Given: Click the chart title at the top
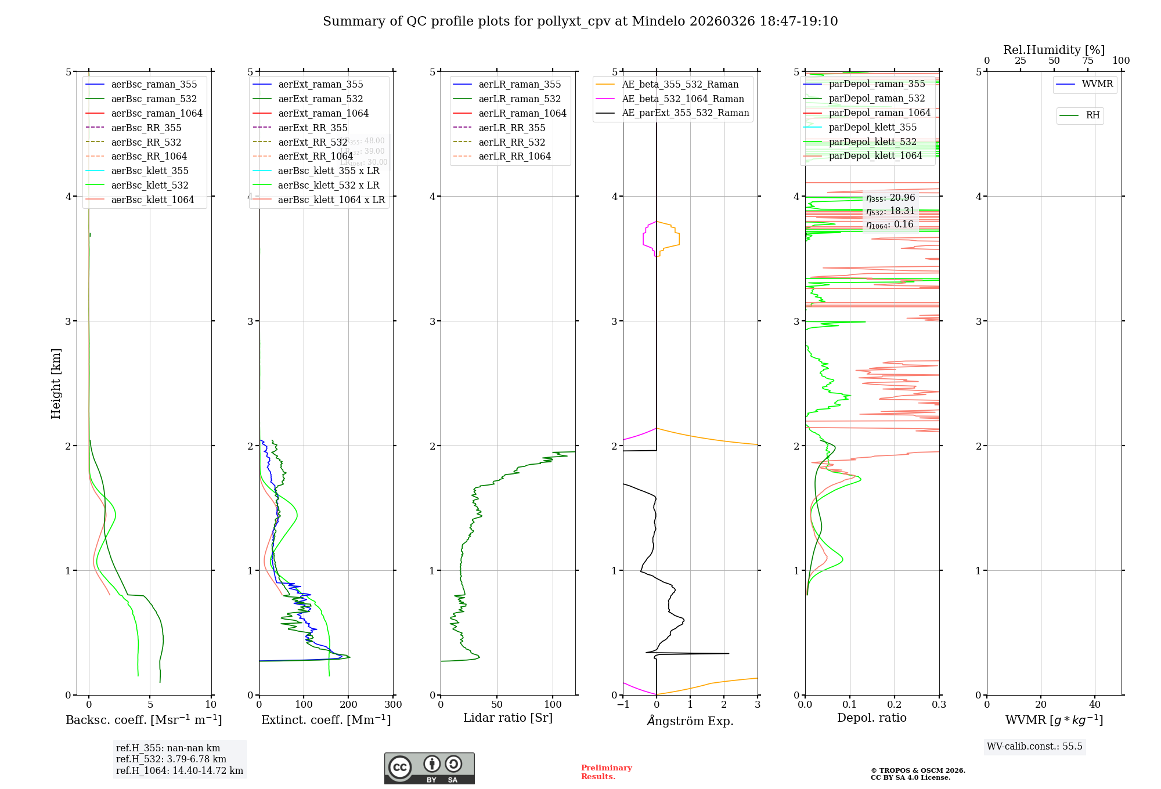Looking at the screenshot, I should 580,21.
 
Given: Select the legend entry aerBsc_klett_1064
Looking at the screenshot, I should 152,200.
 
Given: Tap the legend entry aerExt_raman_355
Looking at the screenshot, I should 320,84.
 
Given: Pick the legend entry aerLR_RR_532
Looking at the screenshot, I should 511,142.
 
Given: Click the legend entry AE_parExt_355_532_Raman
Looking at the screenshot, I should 685,113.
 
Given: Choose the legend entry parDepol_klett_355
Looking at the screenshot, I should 872,127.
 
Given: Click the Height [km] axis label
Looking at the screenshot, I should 56,383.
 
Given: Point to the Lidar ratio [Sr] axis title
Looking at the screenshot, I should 508,718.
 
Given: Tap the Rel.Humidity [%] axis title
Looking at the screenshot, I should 1054,50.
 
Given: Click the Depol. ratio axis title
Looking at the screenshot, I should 871,718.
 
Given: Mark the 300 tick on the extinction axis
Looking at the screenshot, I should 393,705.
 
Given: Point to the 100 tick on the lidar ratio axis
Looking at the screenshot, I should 553,705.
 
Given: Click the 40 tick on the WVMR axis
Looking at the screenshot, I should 1095,705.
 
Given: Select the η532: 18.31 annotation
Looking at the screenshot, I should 890,211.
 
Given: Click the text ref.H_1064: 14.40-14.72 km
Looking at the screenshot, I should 179,770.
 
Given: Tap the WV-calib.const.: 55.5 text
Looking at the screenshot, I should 1034,746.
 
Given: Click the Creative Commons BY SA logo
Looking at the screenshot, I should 429,768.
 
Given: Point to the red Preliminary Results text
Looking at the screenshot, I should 606,772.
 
